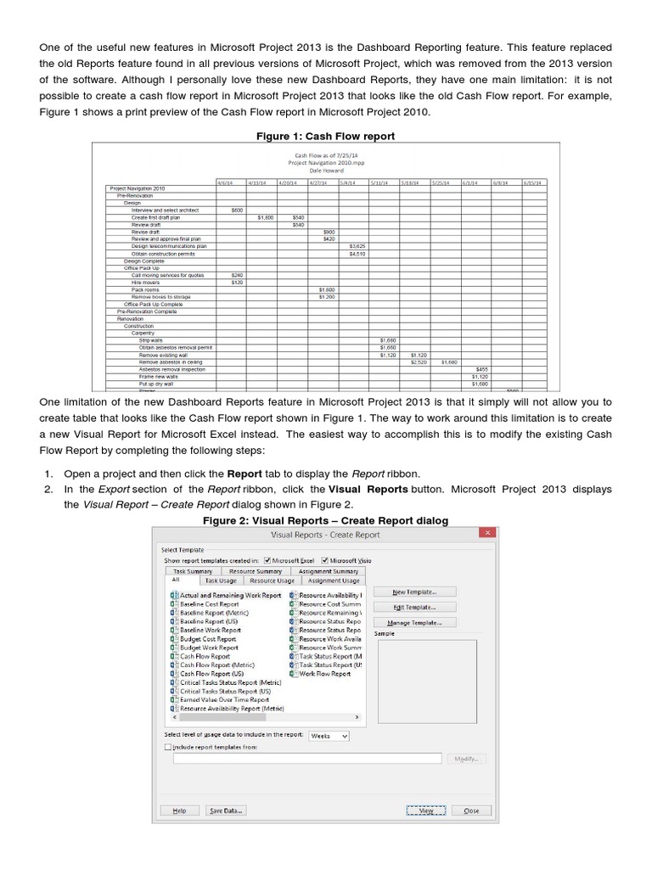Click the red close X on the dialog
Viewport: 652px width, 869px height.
[x=486, y=534]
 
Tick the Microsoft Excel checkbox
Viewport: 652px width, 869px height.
[x=267, y=560]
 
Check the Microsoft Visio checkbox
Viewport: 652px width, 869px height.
[x=324, y=560]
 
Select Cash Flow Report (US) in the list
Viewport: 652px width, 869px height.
[x=211, y=673]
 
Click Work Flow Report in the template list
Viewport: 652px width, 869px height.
[x=324, y=673]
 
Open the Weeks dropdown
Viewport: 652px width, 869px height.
[x=329, y=736]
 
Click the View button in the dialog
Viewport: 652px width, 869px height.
[x=426, y=810]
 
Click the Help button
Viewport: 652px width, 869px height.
[x=179, y=810]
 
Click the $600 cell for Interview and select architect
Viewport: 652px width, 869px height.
[x=236, y=210]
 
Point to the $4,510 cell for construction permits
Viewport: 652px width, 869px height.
[x=357, y=253]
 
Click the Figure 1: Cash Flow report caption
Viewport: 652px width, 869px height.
[x=325, y=136]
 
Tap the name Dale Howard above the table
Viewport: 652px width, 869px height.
[x=325, y=170]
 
